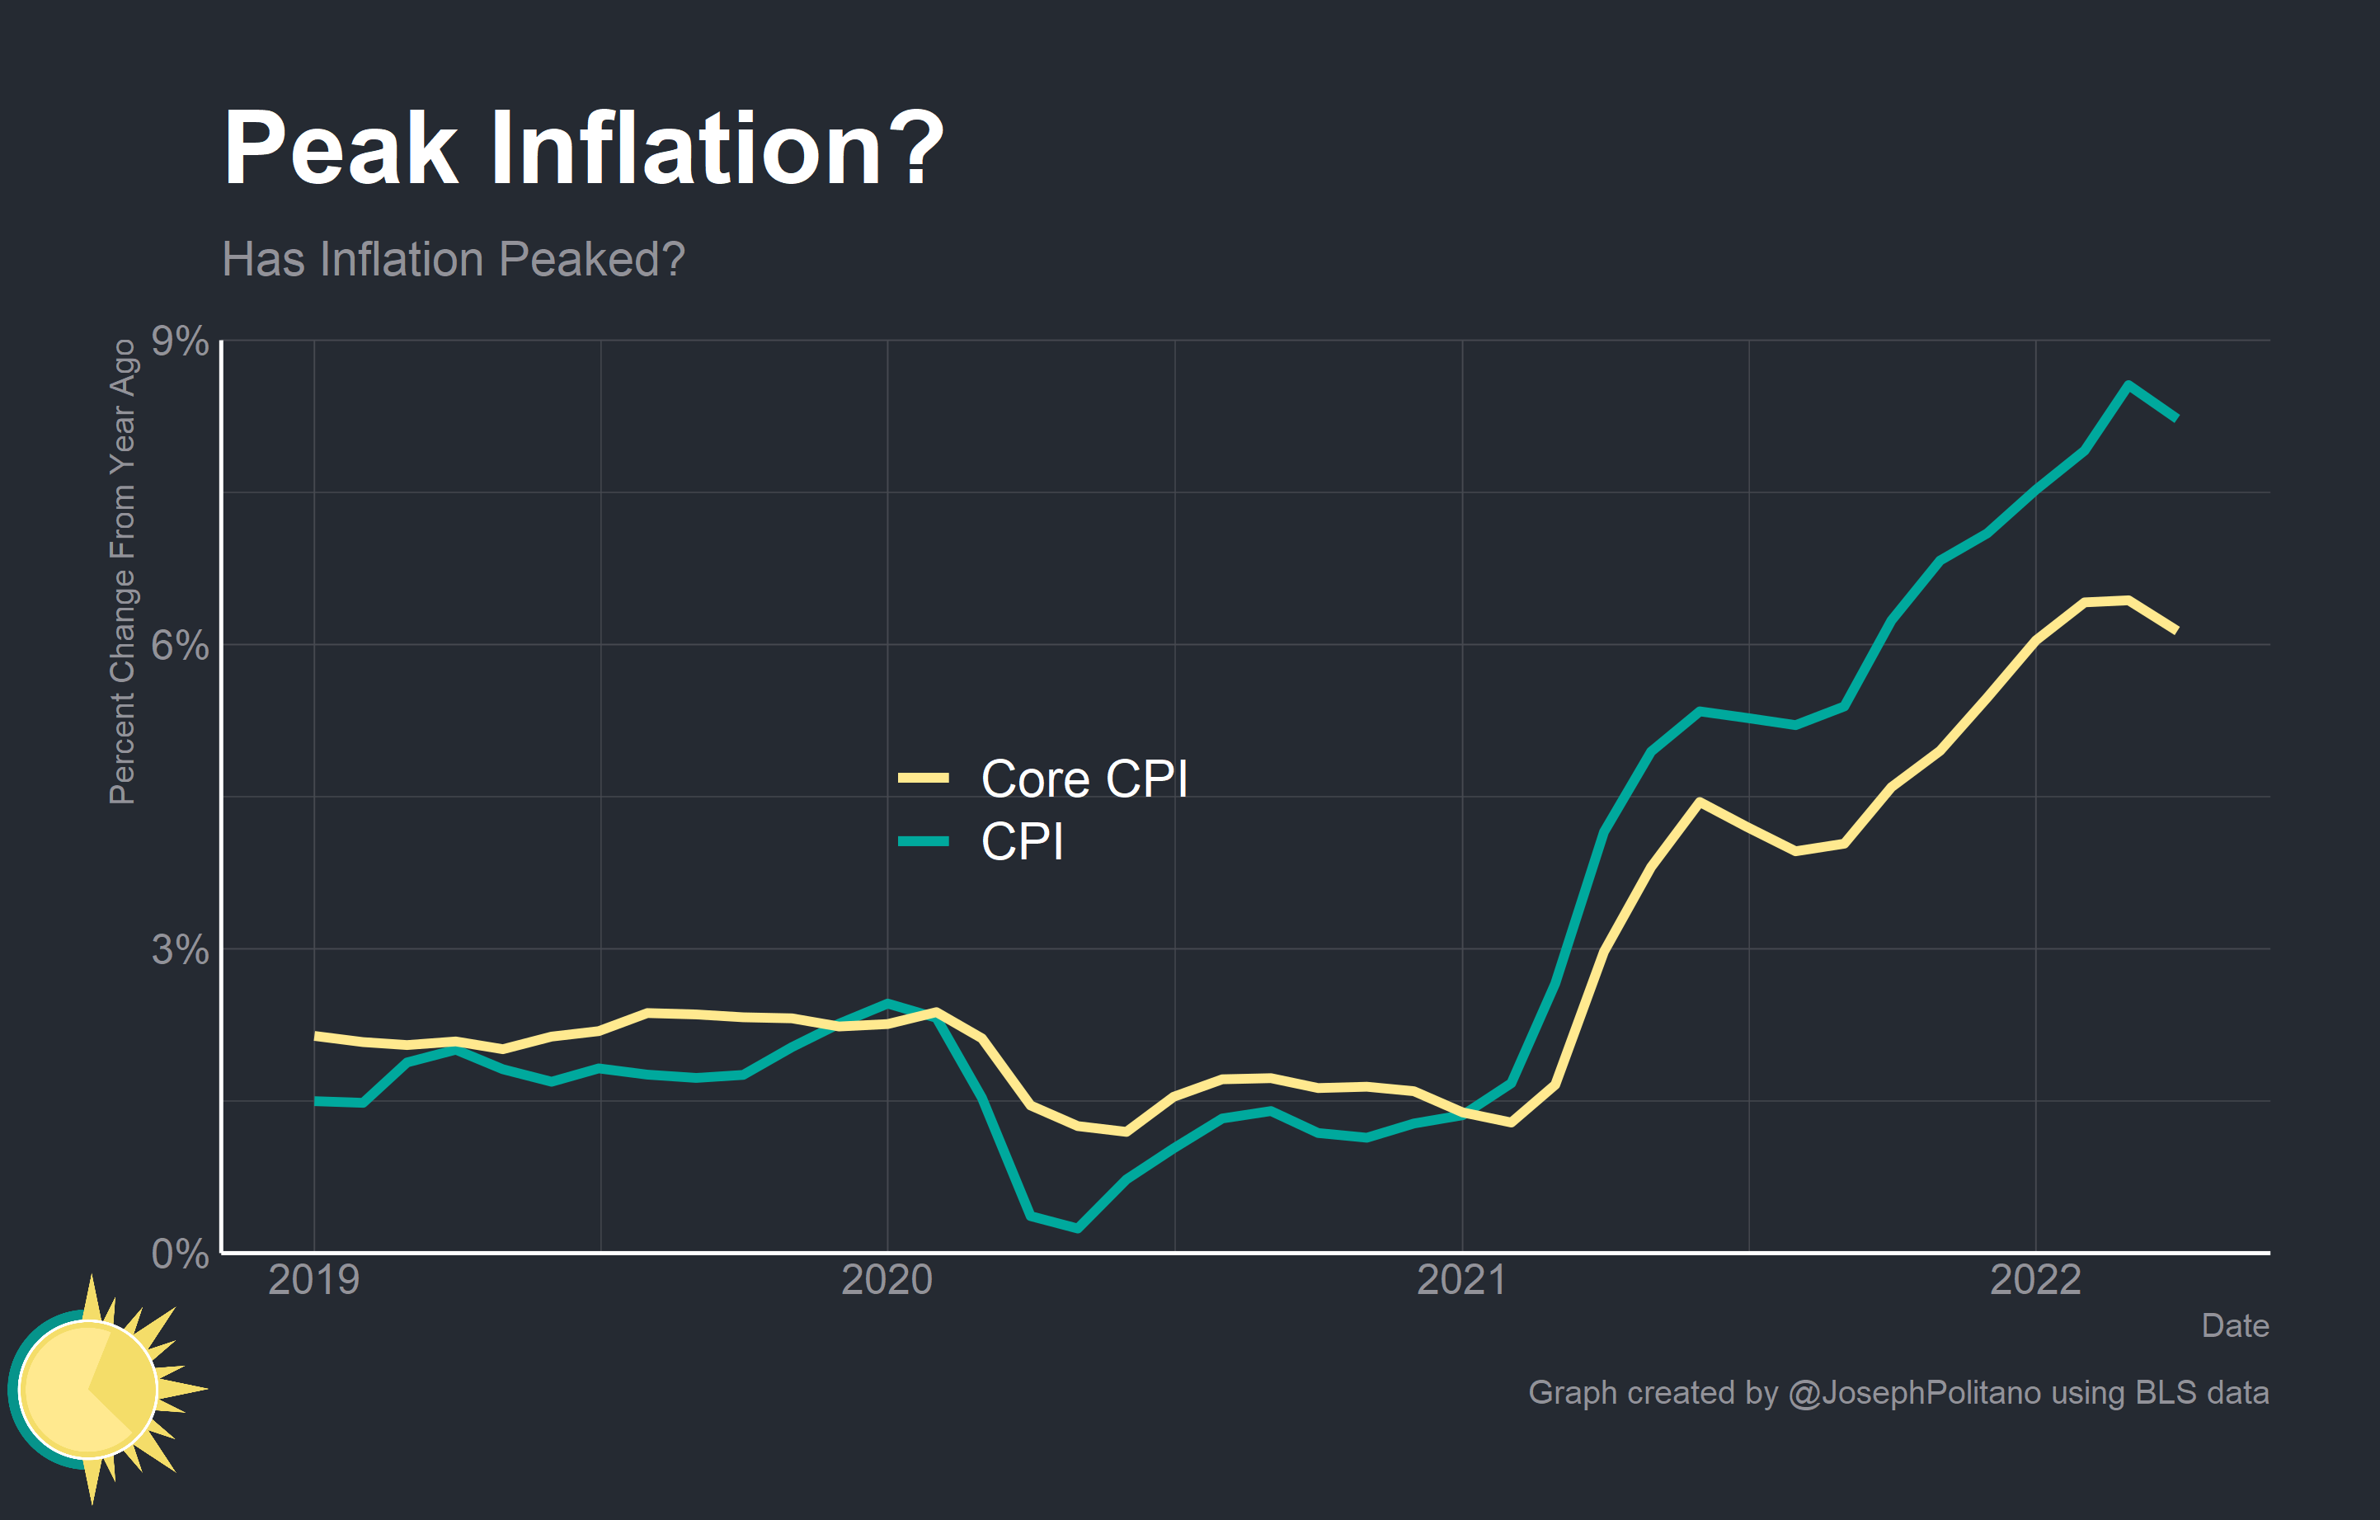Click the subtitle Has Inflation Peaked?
click(x=453, y=260)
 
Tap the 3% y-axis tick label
click(x=179, y=950)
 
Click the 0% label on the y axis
click(x=179, y=1254)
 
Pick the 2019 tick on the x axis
click(x=313, y=1280)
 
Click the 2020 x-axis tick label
click(x=887, y=1280)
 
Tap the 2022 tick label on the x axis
click(x=2035, y=1280)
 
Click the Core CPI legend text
click(x=1084, y=779)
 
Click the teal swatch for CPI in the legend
click(x=923, y=842)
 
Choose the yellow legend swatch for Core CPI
click(x=923, y=779)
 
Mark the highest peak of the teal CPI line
click(x=2128, y=384)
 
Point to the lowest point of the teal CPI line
click(x=1077, y=1228)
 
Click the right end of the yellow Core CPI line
click(x=2175, y=629)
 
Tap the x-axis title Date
click(x=2235, y=1325)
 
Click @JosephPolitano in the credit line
click(x=1915, y=1392)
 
